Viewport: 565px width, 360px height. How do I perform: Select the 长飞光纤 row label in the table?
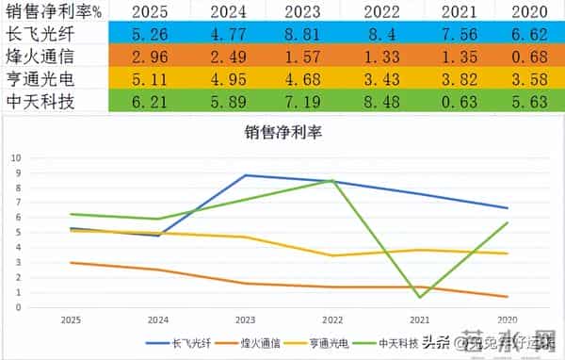point(40,34)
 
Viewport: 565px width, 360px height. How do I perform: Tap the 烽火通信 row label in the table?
point(40,56)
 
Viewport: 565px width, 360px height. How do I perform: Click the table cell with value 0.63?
point(465,99)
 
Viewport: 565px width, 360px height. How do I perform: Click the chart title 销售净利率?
point(282,133)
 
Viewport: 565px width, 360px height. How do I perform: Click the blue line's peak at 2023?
point(245,175)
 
